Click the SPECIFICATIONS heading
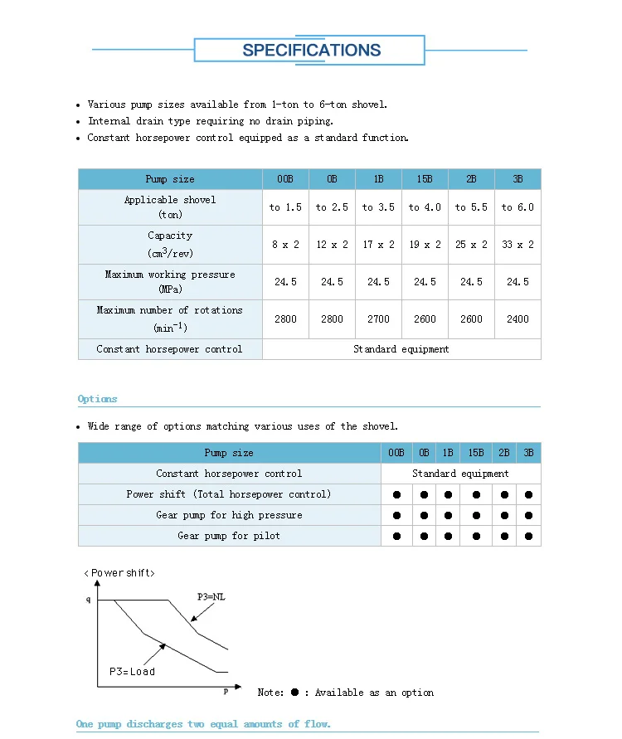click(311, 50)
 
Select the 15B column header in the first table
click(425, 179)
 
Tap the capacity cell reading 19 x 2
click(425, 245)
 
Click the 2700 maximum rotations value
click(378, 319)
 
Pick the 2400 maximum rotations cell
click(518, 319)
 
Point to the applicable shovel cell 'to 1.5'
click(285, 207)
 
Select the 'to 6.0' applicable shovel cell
click(518, 207)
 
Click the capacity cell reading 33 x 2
click(518, 245)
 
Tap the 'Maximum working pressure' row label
click(170, 282)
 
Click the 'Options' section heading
click(98, 399)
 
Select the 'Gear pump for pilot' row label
click(229, 536)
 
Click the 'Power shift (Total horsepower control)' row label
click(229, 494)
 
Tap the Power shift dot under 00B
click(396, 495)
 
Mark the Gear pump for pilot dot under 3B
click(529, 537)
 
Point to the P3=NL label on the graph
click(211, 596)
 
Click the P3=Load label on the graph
click(132, 672)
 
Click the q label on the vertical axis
click(89, 599)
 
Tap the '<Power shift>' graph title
click(119, 573)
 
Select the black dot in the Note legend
click(294, 692)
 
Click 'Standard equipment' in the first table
click(401, 349)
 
